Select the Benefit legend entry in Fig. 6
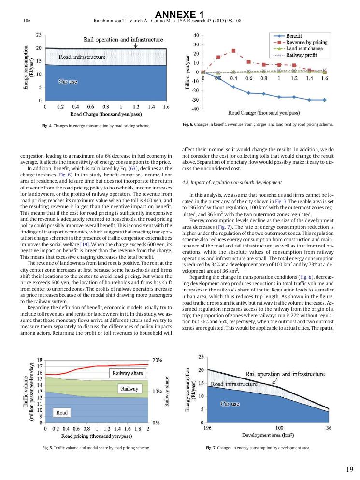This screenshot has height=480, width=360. coord(294,36)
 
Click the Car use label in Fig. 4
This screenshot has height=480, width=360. coord(68,82)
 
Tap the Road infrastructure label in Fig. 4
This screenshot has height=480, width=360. coord(82,57)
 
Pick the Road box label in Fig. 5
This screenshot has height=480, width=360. coord(62,412)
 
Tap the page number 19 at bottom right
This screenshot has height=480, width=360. coord(350,469)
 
